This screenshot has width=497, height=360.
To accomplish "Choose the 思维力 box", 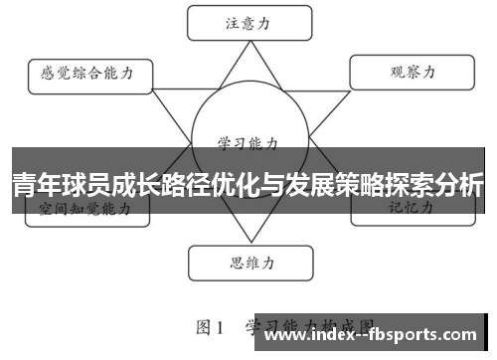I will (x=246, y=264).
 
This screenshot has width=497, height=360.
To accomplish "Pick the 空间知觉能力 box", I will (x=83, y=209).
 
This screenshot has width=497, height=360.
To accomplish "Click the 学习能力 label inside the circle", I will (x=246, y=142).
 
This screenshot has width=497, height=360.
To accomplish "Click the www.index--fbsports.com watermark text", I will (x=373, y=337).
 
